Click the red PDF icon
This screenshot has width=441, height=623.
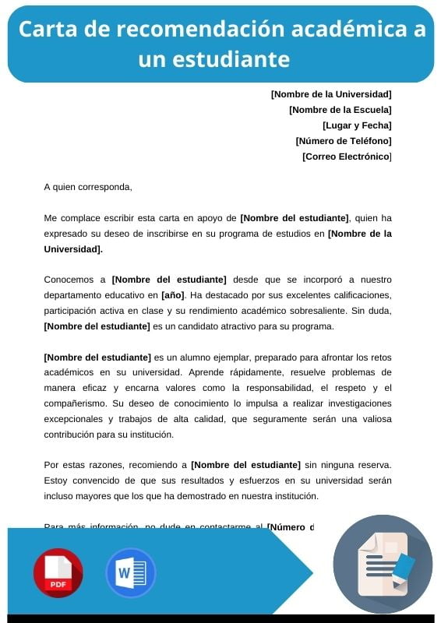[58, 573]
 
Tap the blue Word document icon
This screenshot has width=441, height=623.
[130, 573]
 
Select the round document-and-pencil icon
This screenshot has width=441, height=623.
[382, 564]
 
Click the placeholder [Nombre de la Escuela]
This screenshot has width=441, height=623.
[340, 110]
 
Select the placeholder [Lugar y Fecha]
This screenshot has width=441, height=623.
[357, 125]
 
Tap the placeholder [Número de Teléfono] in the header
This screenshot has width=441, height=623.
[344, 141]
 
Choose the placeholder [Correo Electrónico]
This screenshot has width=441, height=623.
[347, 157]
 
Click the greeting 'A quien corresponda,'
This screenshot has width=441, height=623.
[88, 187]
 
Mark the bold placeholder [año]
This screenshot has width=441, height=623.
[172, 295]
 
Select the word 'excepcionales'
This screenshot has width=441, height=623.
[77, 419]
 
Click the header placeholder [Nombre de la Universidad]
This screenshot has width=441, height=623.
[331, 94]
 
